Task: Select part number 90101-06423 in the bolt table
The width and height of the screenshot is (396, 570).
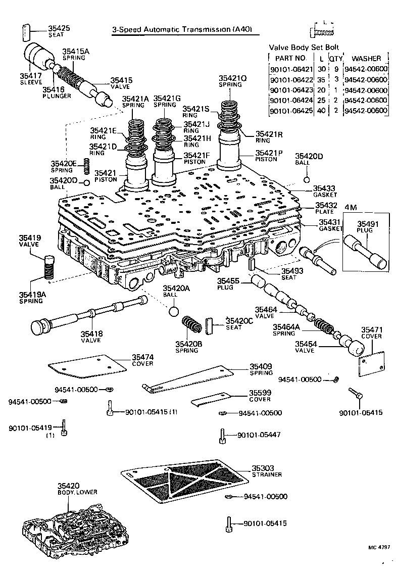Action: click(x=291, y=90)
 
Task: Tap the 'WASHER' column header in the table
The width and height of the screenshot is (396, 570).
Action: click(x=366, y=59)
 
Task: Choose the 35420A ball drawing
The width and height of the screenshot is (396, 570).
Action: click(x=173, y=310)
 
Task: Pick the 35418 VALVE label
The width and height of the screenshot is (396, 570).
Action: click(x=91, y=337)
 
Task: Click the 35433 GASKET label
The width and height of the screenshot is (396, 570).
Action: click(x=324, y=191)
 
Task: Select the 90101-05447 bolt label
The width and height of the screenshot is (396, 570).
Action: click(x=259, y=435)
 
